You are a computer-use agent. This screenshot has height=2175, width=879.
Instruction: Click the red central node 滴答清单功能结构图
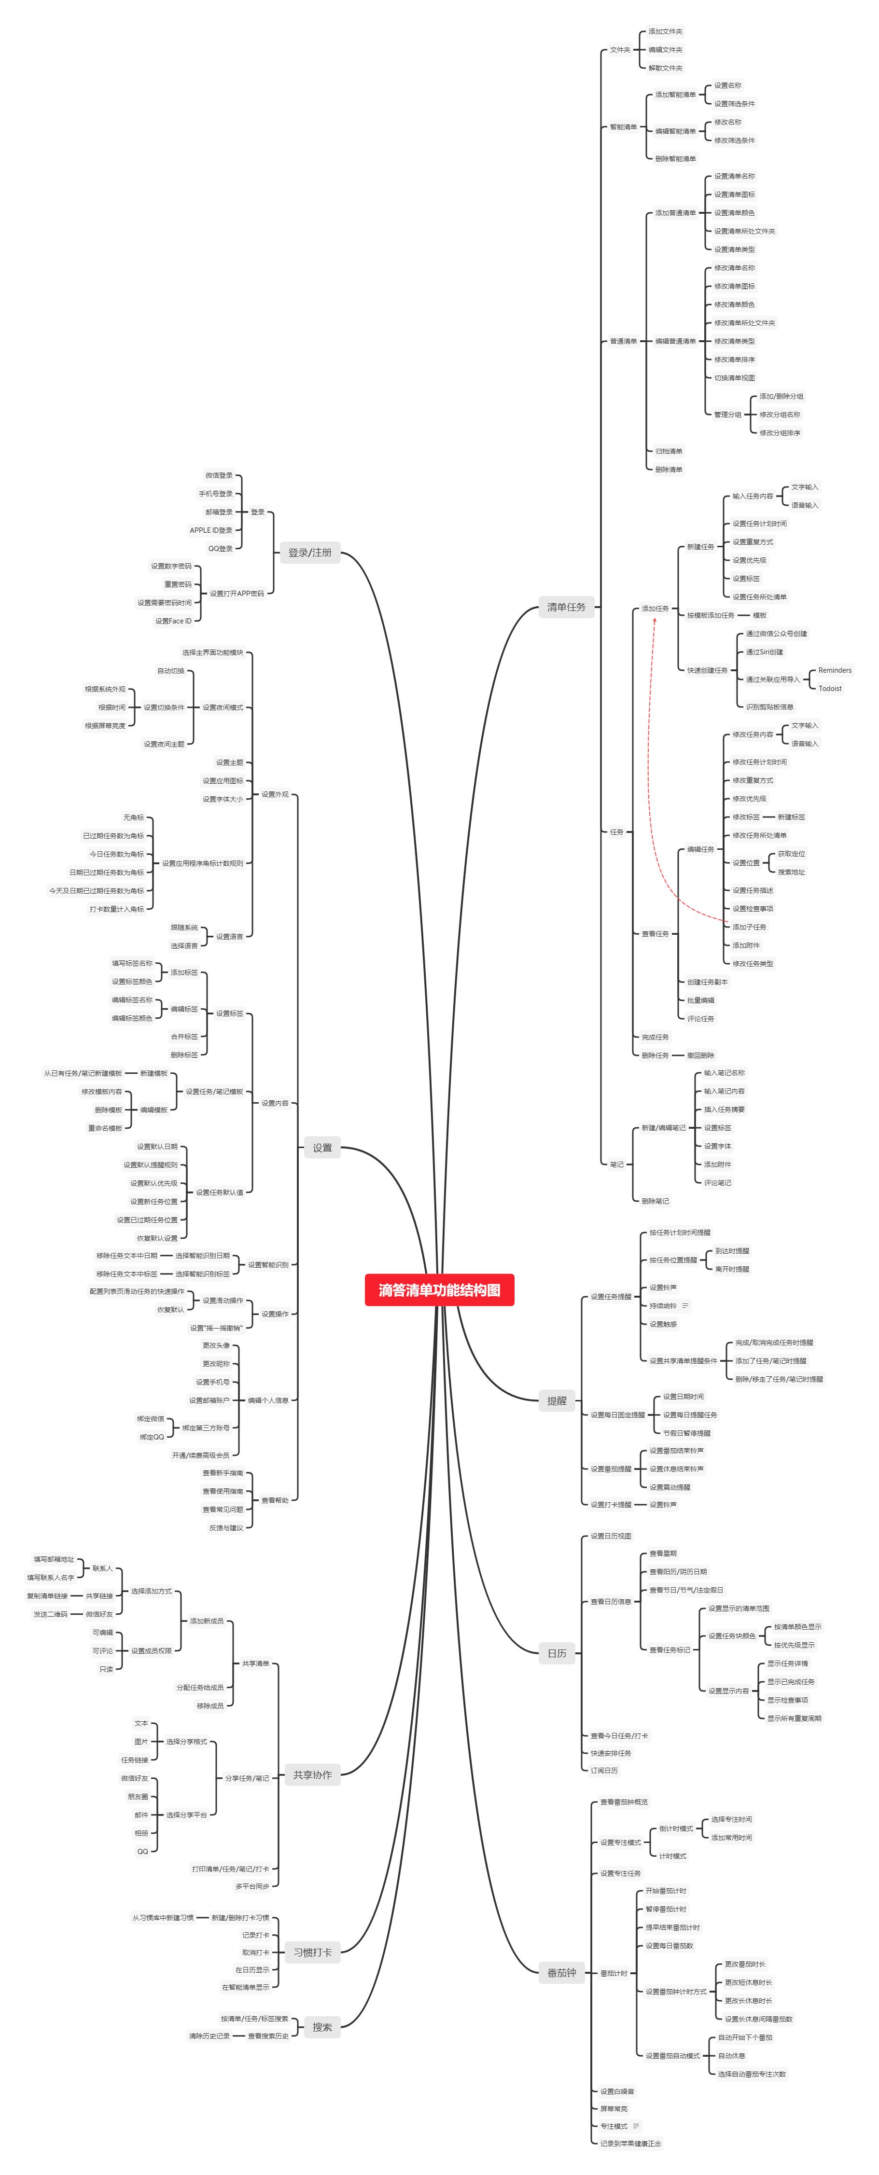coord(439,1289)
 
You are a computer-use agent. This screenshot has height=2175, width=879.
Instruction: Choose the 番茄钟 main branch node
coord(561,1972)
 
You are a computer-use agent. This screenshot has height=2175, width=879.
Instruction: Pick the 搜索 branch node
coord(321,2026)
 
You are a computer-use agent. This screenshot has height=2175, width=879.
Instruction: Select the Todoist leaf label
coord(829,688)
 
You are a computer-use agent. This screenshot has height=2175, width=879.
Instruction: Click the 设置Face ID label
coord(173,621)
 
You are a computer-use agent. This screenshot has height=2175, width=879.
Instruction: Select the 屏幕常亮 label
coord(614,2108)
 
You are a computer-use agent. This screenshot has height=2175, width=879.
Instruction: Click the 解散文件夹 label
coord(665,68)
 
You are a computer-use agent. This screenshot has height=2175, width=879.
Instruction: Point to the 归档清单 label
coord(669,451)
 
